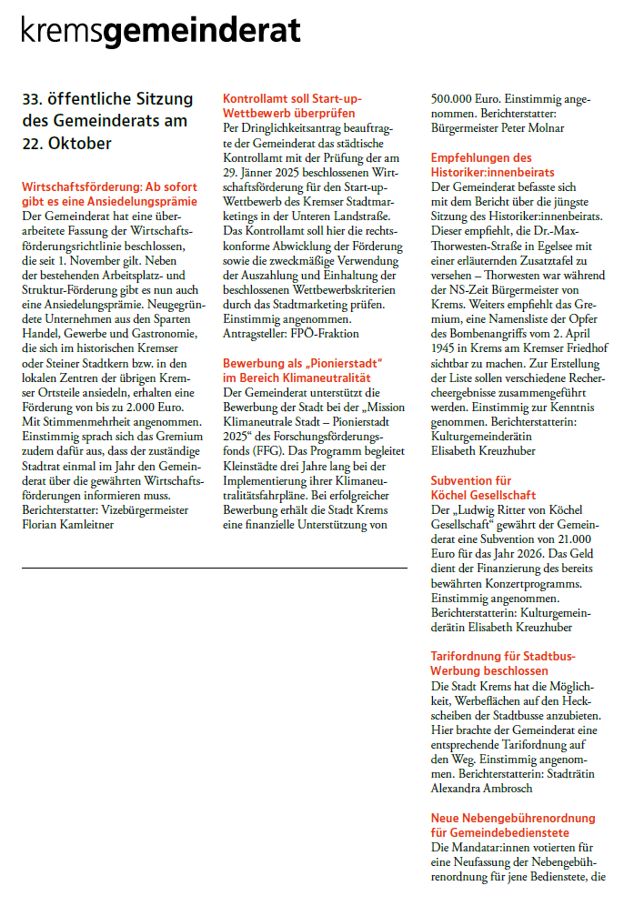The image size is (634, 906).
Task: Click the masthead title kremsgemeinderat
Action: (x=161, y=33)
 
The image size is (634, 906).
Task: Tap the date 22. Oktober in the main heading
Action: (x=67, y=143)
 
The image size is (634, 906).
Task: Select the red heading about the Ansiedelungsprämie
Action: (x=109, y=194)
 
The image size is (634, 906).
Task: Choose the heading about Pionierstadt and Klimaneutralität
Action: (x=302, y=370)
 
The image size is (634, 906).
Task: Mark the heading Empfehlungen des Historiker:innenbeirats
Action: (x=493, y=165)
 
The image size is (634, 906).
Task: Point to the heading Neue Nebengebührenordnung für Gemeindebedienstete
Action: (x=513, y=825)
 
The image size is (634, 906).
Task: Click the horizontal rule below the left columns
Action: (x=214, y=569)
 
